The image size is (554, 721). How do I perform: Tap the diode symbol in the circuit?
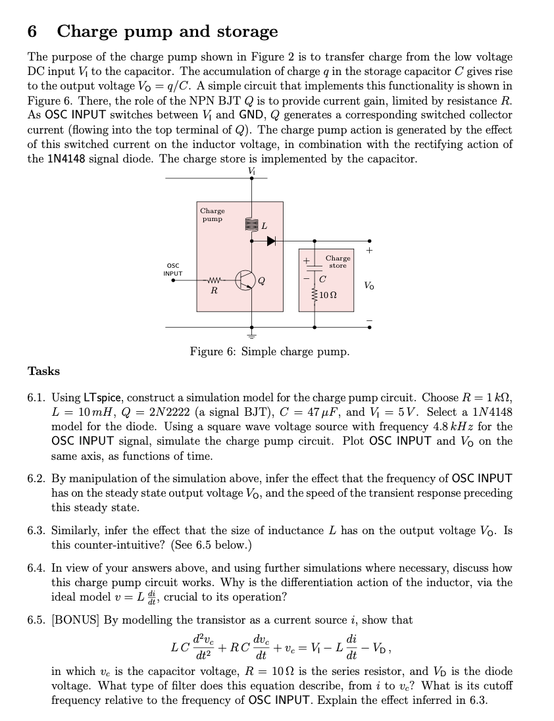pos(271,241)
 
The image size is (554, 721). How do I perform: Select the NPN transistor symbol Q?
pos(247,280)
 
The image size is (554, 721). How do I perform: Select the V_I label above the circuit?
pos(251,171)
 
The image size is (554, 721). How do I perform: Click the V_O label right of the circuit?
pos(370,284)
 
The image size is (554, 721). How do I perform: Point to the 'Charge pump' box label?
pos(212,214)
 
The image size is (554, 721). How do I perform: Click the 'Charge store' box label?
pos(338,262)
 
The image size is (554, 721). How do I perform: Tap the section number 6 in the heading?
pos(32,32)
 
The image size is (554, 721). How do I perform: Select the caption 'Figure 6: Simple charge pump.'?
pos(270,351)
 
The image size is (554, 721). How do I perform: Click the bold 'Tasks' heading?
pos(43,371)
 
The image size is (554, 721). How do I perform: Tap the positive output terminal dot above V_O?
pos(369,241)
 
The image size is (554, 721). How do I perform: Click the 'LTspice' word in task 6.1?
pos(102,398)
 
